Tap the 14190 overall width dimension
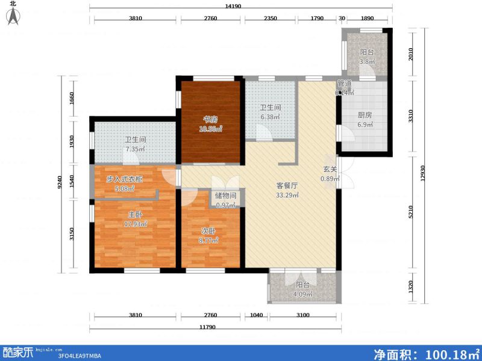(x=242, y=7)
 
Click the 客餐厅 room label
(x=287, y=186)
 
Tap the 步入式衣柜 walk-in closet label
(x=125, y=179)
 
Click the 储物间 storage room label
(x=226, y=196)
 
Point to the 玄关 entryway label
(x=330, y=169)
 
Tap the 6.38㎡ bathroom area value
(x=269, y=117)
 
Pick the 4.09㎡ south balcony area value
(x=302, y=295)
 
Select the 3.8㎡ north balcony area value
(x=368, y=61)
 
